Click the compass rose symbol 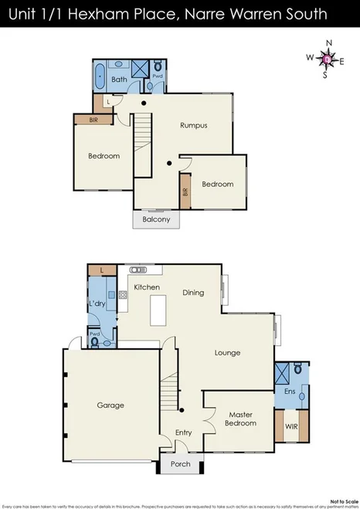coord(326,58)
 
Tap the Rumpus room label coord(193,125)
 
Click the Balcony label coord(156,219)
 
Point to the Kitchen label coord(147,287)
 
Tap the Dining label coord(193,293)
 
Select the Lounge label coord(227,353)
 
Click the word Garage coord(110,405)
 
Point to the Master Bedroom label coord(239,418)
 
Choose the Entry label coord(183,433)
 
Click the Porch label coord(181,464)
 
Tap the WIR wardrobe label coord(291,425)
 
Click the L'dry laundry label coord(97,303)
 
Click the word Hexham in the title coord(123,14)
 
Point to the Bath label coord(119,79)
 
